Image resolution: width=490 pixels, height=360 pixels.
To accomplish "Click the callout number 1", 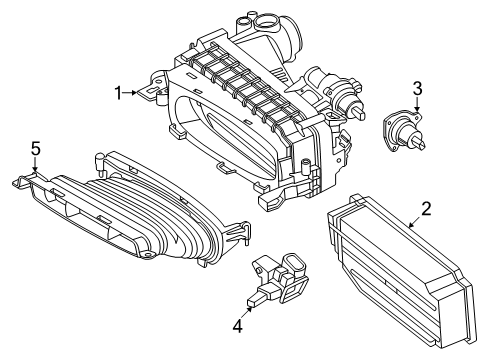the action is pyautogui.click(x=118, y=93).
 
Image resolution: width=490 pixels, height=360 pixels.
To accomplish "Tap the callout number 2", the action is pyautogui.click(x=426, y=209).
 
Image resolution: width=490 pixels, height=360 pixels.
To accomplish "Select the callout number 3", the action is pyautogui.click(x=417, y=89).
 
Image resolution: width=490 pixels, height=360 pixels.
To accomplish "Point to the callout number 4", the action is pyautogui.click(x=238, y=326).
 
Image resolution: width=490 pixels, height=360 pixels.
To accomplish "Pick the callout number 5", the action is pyautogui.click(x=36, y=149).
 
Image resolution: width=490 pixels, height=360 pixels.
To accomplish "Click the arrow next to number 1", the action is pyautogui.click(x=130, y=93).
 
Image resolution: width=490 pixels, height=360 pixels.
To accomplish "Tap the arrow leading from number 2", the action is pyautogui.click(x=415, y=221).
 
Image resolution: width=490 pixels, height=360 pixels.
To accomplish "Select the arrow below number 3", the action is pyautogui.click(x=417, y=105).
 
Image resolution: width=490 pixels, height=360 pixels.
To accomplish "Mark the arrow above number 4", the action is pyautogui.click(x=247, y=312).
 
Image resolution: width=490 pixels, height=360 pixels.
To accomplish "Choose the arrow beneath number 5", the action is pyautogui.click(x=35, y=164).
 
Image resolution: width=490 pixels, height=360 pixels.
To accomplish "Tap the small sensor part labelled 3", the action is pyautogui.click(x=404, y=130).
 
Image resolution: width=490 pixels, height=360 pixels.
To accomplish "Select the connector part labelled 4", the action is pyautogui.click(x=277, y=279).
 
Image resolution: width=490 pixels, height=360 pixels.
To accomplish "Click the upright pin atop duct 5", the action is pyautogui.click(x=100, y=162).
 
